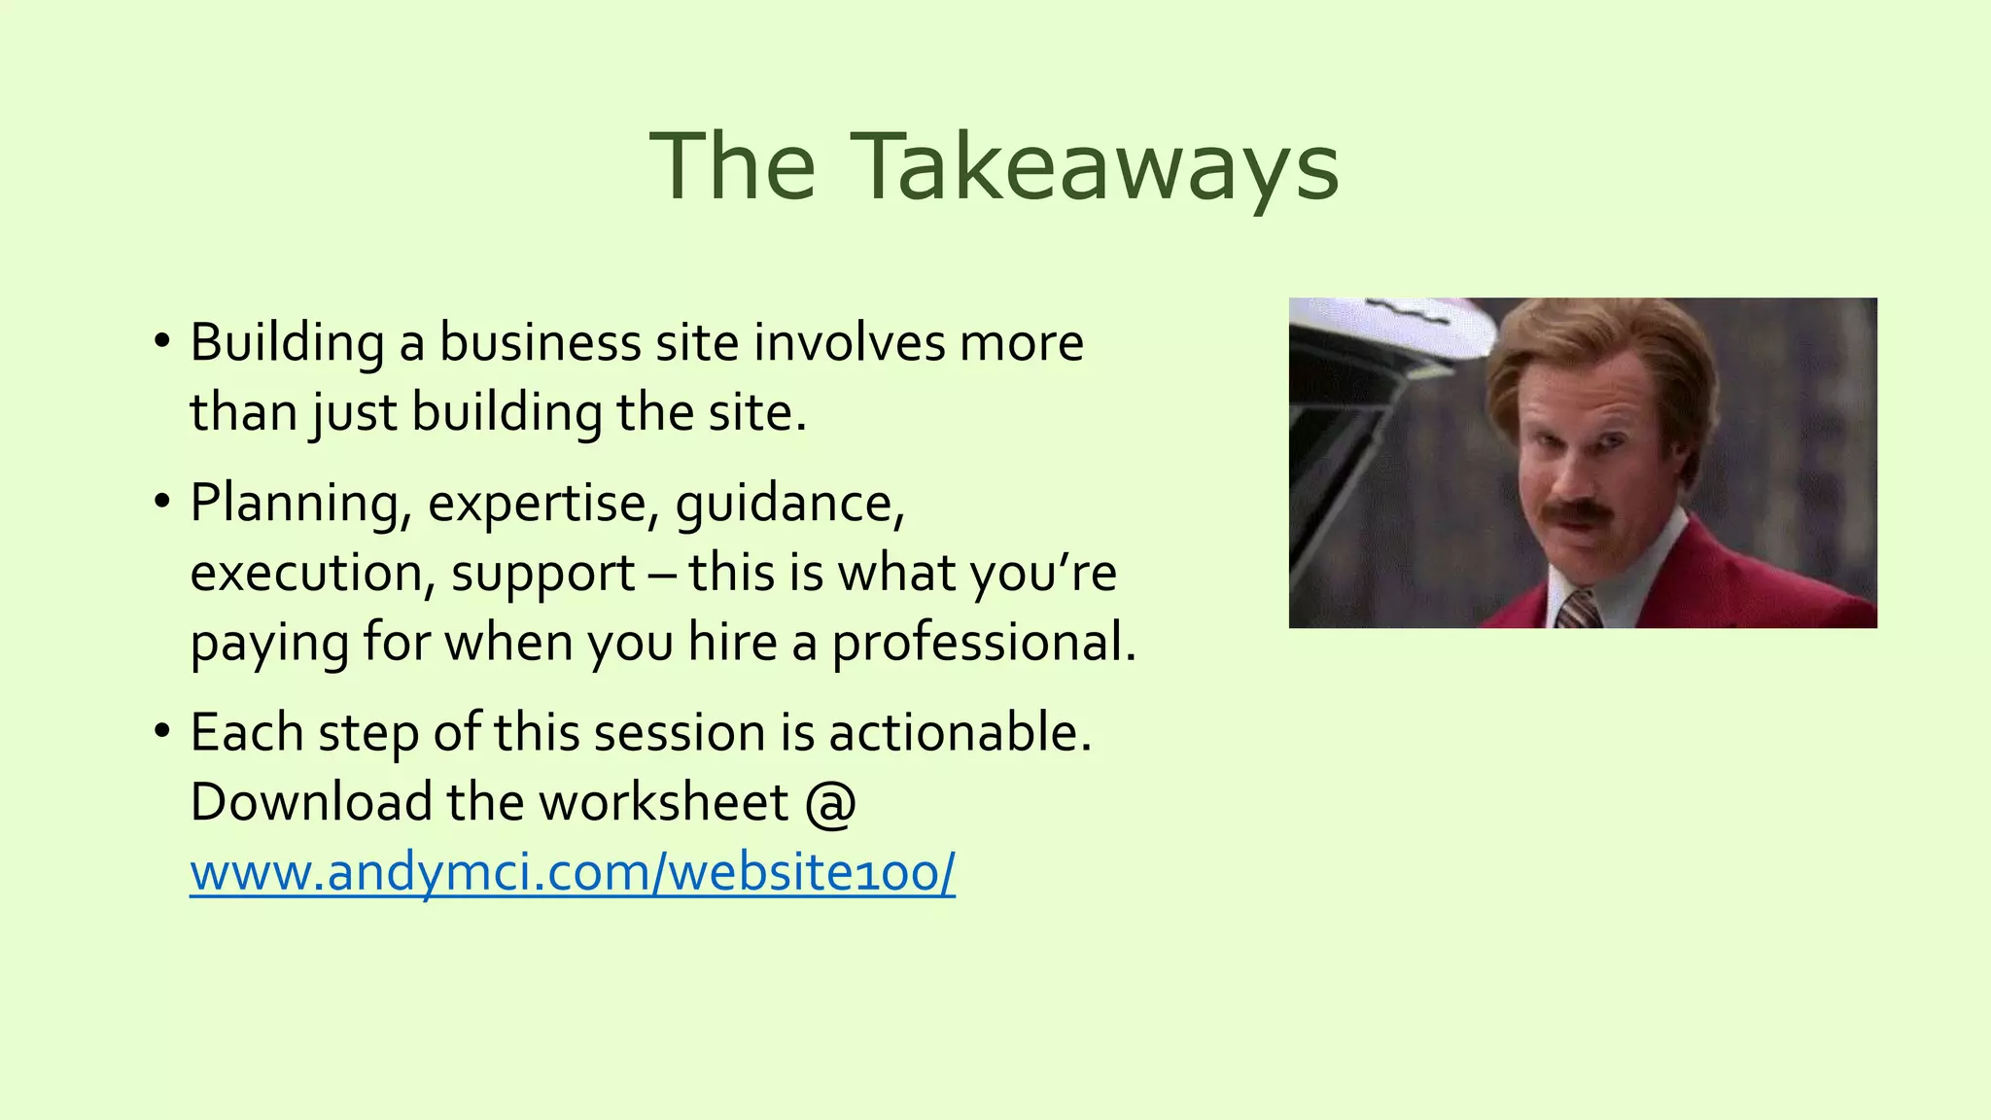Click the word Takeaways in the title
(x=1095, y=167)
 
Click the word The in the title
(x=732, y=167)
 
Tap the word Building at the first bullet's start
(x=287, y=343)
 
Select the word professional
(x=983, y=644)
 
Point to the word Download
(x=310, y=803)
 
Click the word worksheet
(x=664, y=803)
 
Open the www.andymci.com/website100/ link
(x=573, y=872)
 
